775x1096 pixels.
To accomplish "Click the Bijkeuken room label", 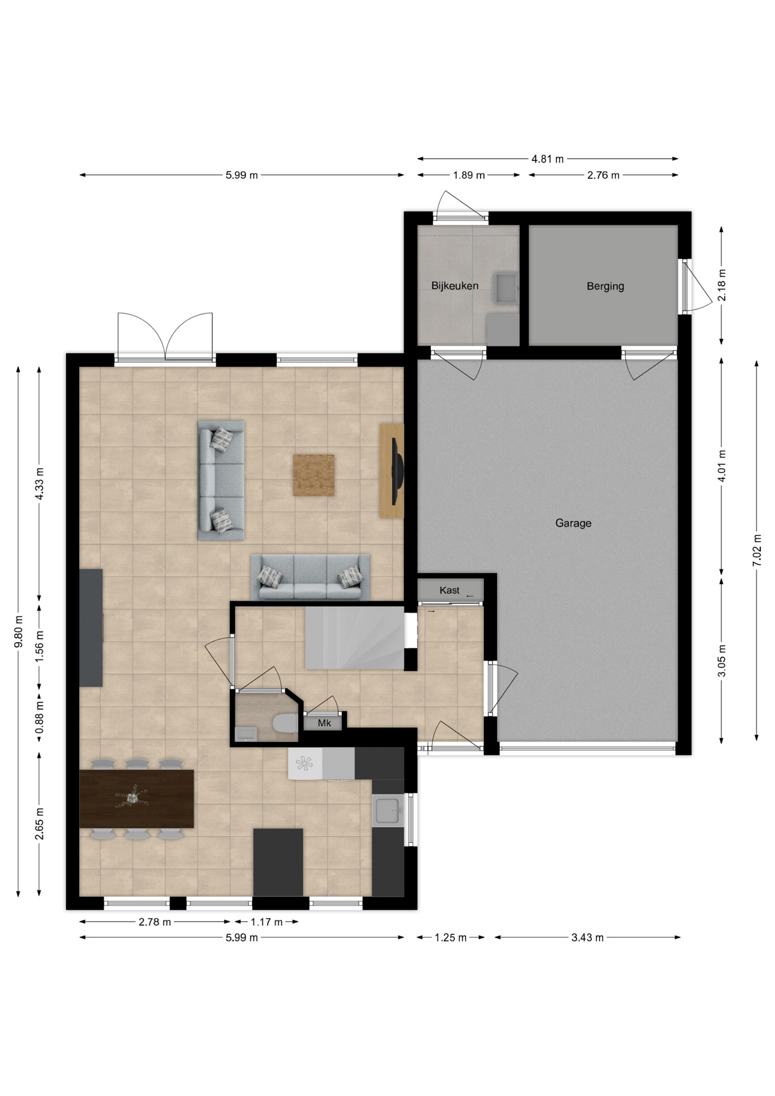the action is click(454, 285).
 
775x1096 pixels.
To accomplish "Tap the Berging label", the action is click(605, 286).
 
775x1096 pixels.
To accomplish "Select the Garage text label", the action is click(573, 523).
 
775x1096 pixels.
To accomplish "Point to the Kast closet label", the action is click(449, 590).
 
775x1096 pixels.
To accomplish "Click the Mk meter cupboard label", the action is click(324, 723).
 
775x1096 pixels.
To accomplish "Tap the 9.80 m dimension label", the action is click(19, 631).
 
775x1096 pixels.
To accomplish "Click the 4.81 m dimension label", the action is click(547, 159).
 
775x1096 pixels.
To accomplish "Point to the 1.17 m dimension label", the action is click(267, 922).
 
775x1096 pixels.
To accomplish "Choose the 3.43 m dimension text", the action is click(587, 937).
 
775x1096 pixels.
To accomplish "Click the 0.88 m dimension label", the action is click(39, 718).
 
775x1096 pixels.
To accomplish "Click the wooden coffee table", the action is click(314, 475).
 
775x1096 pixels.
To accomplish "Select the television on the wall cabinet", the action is click(397, 471).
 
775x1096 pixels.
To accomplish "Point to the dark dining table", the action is click(136, 799).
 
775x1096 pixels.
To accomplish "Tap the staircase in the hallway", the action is click(355, 638).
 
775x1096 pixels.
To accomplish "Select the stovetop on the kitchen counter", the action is click(305, 763).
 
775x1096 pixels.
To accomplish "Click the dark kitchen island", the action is click(278, 863).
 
